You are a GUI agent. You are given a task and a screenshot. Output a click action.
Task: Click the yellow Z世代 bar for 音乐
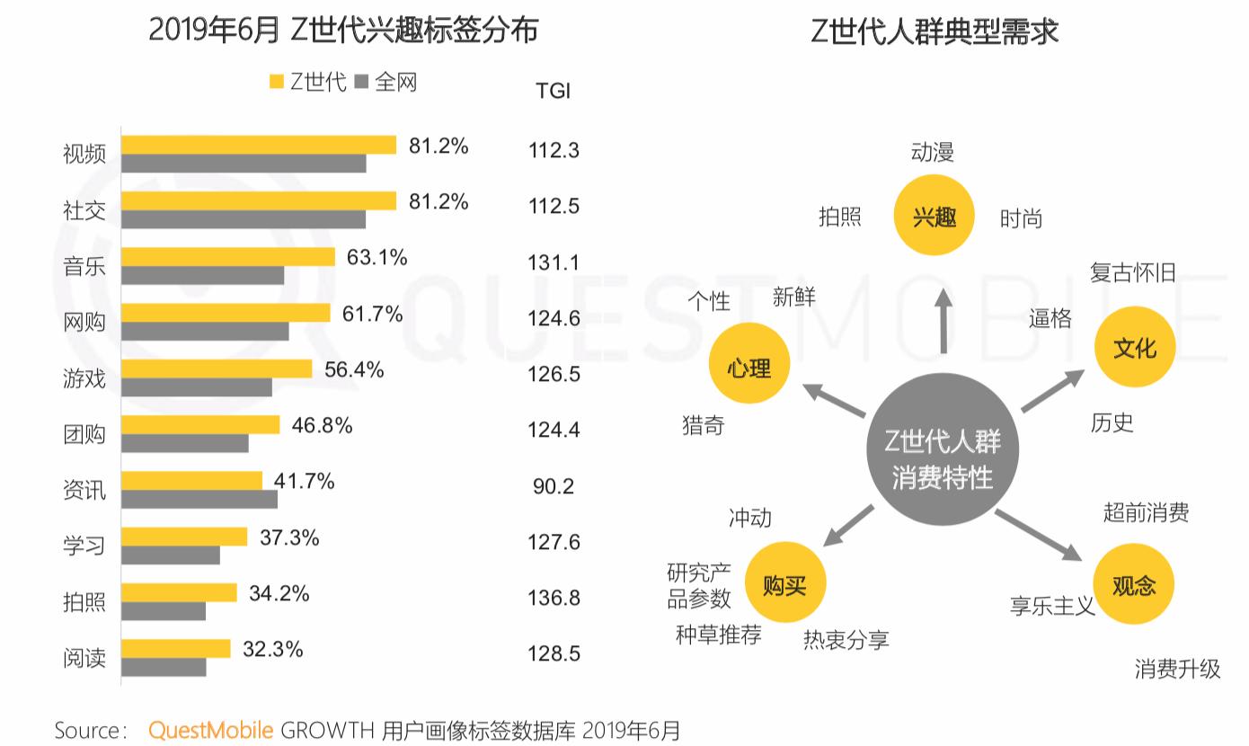228,257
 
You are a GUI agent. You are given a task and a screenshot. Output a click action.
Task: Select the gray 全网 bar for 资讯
199,499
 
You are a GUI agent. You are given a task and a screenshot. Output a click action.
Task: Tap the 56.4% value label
354,369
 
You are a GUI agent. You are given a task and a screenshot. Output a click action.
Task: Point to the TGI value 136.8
554,598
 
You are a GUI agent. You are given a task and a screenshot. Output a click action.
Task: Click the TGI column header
553,91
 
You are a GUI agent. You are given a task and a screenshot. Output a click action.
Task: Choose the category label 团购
84,434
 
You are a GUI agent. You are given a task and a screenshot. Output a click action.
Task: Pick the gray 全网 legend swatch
363,83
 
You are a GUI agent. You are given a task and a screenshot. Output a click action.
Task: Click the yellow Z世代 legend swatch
277,83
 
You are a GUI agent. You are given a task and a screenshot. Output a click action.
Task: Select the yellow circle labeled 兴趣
935,217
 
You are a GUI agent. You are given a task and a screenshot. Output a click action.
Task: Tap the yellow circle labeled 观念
1133,585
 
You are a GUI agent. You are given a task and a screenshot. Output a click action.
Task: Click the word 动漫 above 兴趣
932,152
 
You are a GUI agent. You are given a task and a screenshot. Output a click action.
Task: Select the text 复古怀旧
1132,272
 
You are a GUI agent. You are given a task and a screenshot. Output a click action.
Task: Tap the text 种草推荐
718,635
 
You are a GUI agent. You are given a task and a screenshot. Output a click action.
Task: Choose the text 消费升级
1177,669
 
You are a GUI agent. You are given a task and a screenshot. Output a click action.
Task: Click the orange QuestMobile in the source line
210,730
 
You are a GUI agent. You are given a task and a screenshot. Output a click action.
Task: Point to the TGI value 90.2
554,486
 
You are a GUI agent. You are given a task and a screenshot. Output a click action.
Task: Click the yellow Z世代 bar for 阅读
176,648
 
